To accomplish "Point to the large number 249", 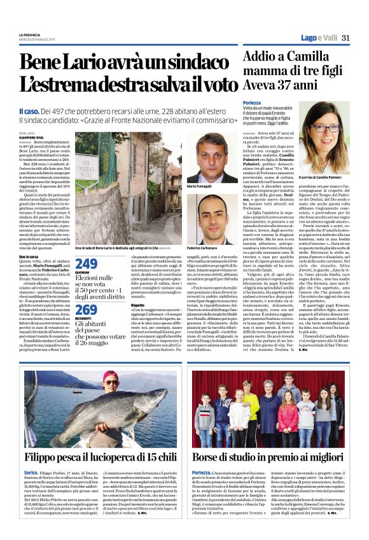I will point(86,264).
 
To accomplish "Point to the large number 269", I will point(86,309).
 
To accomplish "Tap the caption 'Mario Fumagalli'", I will point(200,186).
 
